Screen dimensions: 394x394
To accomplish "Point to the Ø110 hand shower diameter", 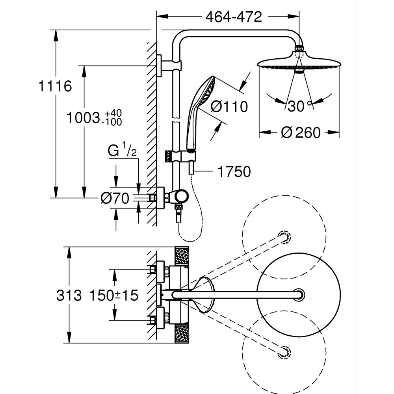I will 229,106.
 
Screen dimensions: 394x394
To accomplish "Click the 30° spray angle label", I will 299,106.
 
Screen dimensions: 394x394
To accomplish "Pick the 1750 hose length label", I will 234,172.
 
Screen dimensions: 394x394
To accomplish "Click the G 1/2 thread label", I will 122,151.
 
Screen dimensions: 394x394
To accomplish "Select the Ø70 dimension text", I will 114,199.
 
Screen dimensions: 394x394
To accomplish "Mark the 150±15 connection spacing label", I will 114,295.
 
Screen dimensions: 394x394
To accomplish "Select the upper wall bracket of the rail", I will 167,65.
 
